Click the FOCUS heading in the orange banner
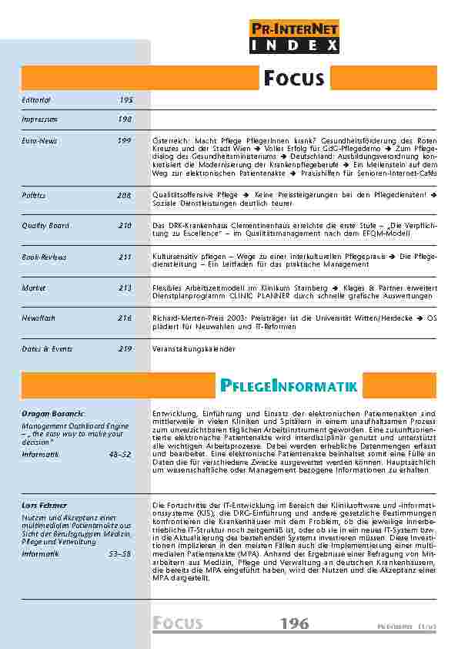click(294, 78)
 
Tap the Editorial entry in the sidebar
click(36, 100)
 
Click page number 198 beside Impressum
click(125, 119)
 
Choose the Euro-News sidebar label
click(39, 140)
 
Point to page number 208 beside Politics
click(125, 196)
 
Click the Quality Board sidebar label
click(45, 224)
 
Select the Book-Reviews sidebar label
click(44, 257)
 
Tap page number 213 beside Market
click(125, 287)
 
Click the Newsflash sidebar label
click(39, 317)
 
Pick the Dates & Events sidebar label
click(47, 348)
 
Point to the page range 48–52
click(121, 455)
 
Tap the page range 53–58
click(121, 553)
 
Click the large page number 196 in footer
click(295, 624)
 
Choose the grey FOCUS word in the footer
click(177, 624)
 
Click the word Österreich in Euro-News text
click(171, 141)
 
